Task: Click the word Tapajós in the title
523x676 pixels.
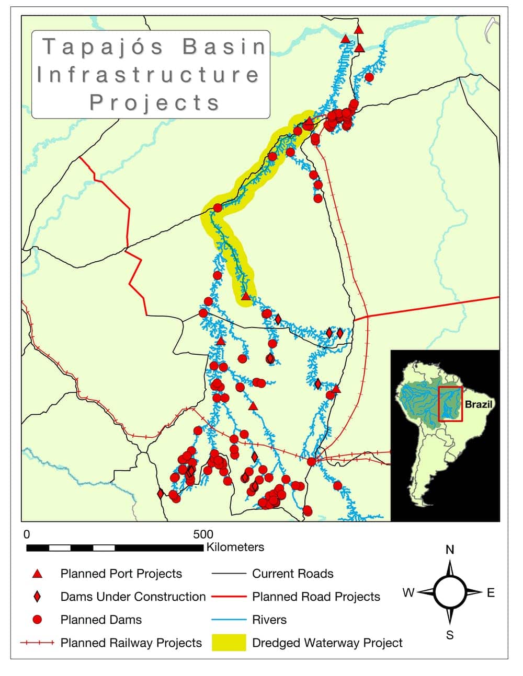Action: click(103, 47)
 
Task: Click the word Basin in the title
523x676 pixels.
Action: click(224, 47)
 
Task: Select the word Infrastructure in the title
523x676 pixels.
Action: click(148, 75)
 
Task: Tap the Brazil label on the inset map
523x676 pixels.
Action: click(479, 404)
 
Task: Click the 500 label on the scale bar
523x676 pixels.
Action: click(203, 534)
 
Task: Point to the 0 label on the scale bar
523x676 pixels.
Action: click(27, 534)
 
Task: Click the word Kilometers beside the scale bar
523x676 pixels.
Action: click(235, 547)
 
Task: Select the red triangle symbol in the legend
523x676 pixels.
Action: click(37, 574)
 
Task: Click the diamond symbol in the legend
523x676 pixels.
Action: click(37, 597)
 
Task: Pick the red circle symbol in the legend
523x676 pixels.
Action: click(37, 620)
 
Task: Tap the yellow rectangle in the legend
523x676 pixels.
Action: click(229, 643)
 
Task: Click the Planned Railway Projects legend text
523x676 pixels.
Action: click(131, 643)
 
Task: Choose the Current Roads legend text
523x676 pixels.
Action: click(292, 574)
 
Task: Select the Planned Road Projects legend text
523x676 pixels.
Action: click(316, 597)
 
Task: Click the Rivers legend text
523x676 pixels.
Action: click(269, 620)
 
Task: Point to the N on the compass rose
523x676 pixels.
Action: click(450, 550)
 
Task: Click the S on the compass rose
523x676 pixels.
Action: click(450, 635)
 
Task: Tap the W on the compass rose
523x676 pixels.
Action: click(408, 592)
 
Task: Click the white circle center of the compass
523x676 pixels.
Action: click(450, 592)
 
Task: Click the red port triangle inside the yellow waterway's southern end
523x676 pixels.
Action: click(246, 296)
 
